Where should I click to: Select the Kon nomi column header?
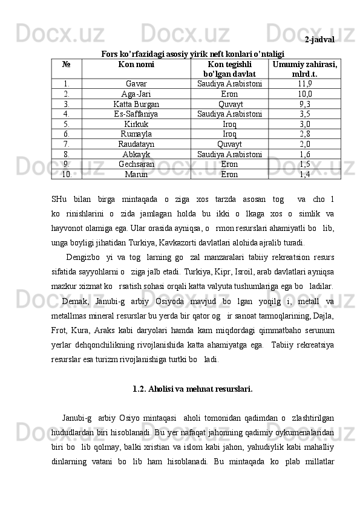[136, 63]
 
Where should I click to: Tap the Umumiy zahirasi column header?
[305, 68]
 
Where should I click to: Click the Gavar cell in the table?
[136, 84]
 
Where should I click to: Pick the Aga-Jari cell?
[136, 94]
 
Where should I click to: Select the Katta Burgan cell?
[136, 104]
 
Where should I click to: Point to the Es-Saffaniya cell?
[136, 114]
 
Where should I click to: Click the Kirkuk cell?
[136, 124]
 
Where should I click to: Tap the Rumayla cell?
[136, 134]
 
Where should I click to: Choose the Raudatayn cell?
[136, 144]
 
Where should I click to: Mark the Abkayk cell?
[136, 154]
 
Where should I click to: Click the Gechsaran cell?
[136, 164]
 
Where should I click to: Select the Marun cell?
[136, 174]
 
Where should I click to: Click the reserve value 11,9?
[305, 84]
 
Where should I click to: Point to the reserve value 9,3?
[305, 104]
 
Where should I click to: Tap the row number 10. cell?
[67, 174]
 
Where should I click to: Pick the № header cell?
[67, 63]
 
